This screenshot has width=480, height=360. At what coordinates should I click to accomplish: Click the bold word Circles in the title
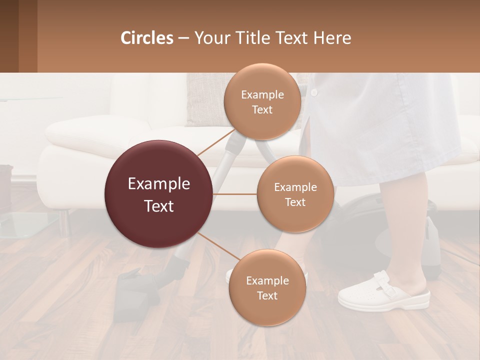(x=147, y=38)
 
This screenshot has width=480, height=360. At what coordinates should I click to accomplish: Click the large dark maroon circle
(x=158, y=194)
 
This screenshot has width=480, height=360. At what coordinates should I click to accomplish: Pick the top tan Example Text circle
(x=262, y=101)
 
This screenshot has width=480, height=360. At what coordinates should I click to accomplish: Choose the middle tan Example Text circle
(x=295, y=194)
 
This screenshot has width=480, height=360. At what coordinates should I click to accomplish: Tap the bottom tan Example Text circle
(x=267, y=287)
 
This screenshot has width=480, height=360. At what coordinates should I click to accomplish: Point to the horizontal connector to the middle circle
(x=235, y=194)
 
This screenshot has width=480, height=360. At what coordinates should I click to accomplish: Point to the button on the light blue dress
(x=314, y=93)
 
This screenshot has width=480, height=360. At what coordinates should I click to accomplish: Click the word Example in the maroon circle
(x=158, y=184)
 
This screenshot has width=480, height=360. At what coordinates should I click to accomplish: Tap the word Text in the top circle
(x=262, y=110)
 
